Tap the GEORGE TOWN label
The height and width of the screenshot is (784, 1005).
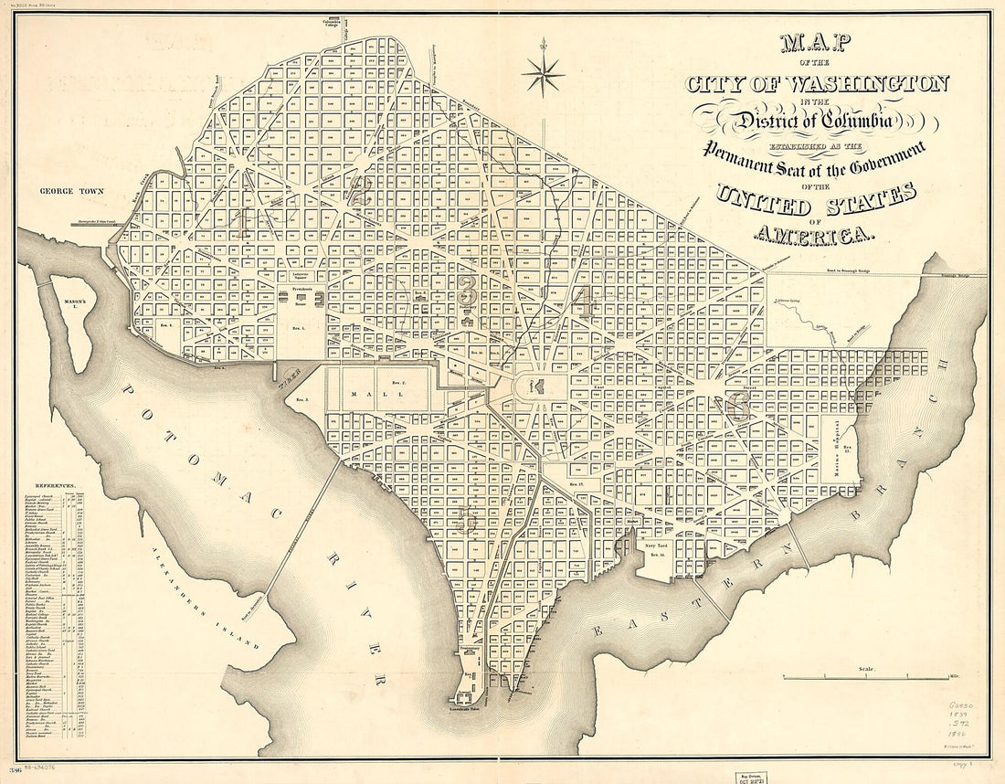71,192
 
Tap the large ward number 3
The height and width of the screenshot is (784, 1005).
467,294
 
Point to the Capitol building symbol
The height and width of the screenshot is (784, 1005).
537,387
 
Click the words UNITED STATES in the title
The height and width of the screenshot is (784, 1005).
816,196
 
